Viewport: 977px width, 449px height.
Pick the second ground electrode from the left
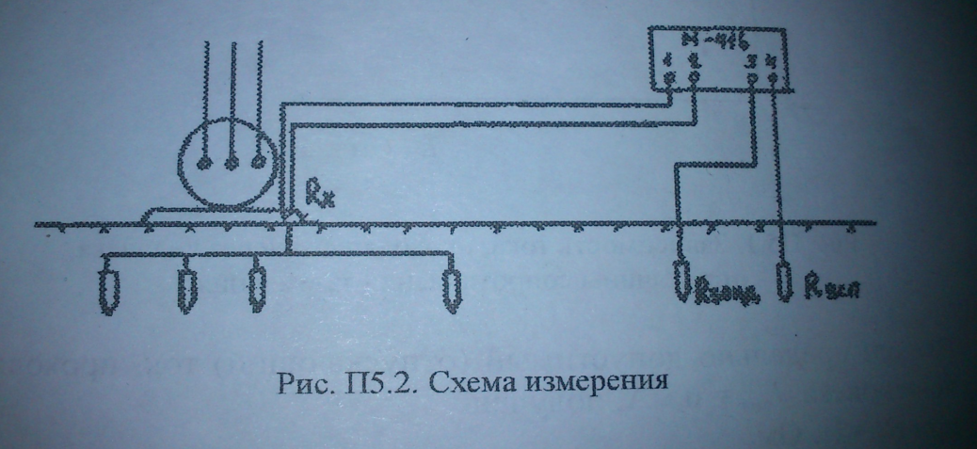[x=186, y=290]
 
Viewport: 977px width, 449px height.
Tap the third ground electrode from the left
[x=255, y=288]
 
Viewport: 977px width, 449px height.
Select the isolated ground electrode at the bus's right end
[x=452, y=288]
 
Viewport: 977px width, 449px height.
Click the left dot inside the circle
[x=200, y=162]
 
